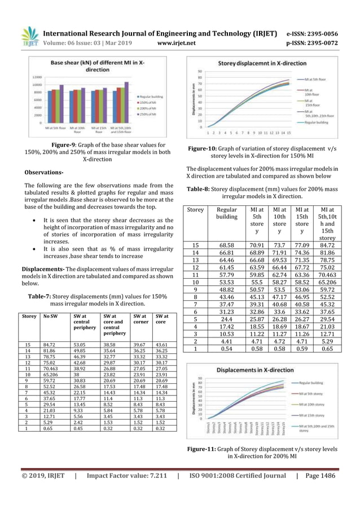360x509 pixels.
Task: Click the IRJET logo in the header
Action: pyautogui.click(x=30, y=37)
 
